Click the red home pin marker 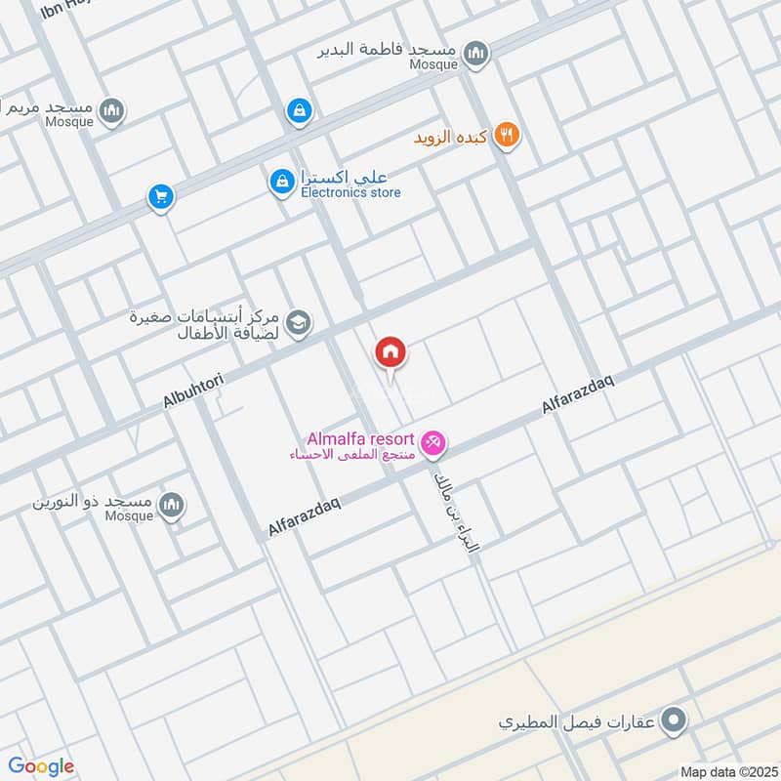[390, 351]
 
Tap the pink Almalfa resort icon [434, 443]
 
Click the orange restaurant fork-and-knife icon [506, 136]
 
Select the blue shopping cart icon [160, 197]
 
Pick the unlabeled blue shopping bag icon [299, 111]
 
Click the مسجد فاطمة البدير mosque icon [475, 54]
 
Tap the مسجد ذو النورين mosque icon [172, 505]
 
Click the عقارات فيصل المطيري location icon [672, 722]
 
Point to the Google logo [41, 766]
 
